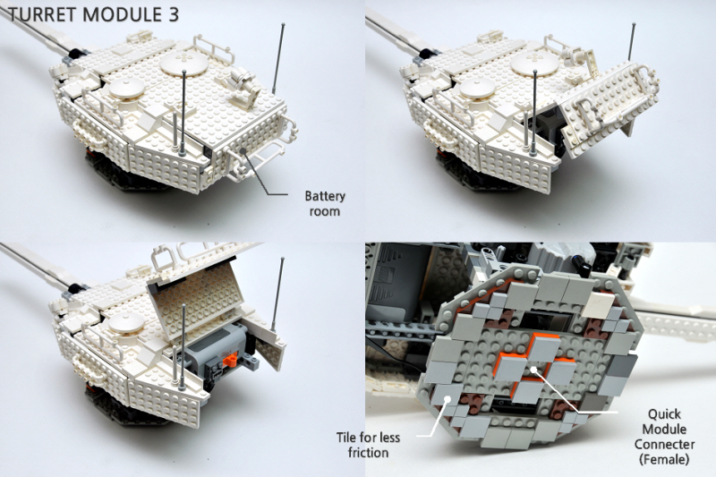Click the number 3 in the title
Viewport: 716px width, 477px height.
[170, 14]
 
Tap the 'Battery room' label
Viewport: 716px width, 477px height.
[325, 203]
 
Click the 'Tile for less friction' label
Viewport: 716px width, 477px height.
[368, 445]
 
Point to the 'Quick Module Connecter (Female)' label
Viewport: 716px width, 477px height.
[664, 437]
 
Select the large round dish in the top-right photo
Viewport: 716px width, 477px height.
[534, 64]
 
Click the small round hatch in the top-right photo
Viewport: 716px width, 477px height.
[478, 89]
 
